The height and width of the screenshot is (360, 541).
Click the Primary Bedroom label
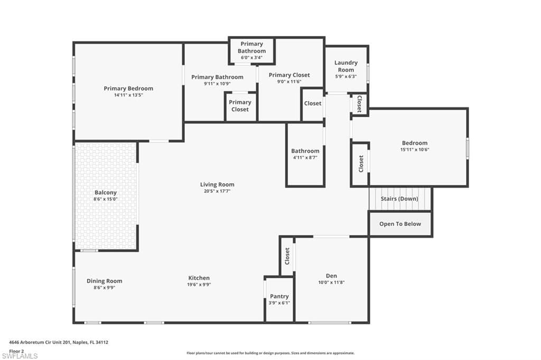128,89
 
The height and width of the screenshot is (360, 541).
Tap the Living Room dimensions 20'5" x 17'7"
217,192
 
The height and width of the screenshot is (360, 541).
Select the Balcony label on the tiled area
105,193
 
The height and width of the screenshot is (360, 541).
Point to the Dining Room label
104,281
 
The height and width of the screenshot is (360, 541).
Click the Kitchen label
199,278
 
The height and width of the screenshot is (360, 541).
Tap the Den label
331,276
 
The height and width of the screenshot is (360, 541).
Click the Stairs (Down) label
399,199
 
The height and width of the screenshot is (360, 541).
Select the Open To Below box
400,224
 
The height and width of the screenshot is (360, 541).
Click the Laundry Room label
346,66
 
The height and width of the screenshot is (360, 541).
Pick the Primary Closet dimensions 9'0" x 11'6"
289,82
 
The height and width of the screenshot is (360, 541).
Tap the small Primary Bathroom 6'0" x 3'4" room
251,51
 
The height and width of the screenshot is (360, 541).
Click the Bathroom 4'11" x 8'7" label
305,151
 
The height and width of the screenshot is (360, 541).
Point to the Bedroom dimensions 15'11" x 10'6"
415,150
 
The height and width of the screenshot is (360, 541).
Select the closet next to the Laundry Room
359,103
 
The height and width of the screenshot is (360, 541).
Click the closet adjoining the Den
287,256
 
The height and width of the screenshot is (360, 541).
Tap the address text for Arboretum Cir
59,342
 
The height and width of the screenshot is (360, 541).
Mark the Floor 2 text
16,350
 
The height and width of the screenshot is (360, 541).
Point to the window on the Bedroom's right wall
467,148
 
